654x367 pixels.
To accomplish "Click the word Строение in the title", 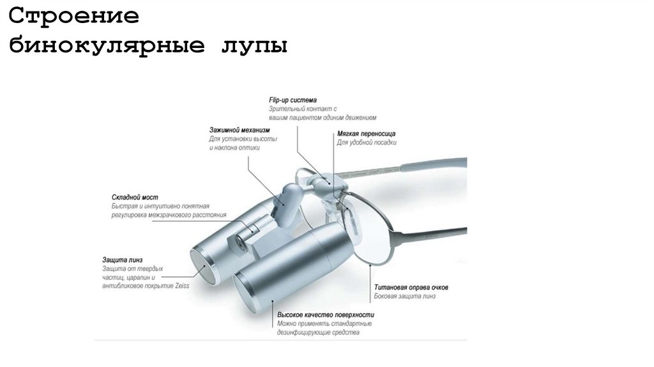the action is (74, 17).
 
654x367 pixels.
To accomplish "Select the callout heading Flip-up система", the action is (293, 100).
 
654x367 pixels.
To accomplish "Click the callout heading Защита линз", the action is (124, 260).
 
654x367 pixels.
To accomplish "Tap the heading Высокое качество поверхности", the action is (326, 315).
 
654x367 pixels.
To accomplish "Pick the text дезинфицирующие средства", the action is (318, 332).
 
